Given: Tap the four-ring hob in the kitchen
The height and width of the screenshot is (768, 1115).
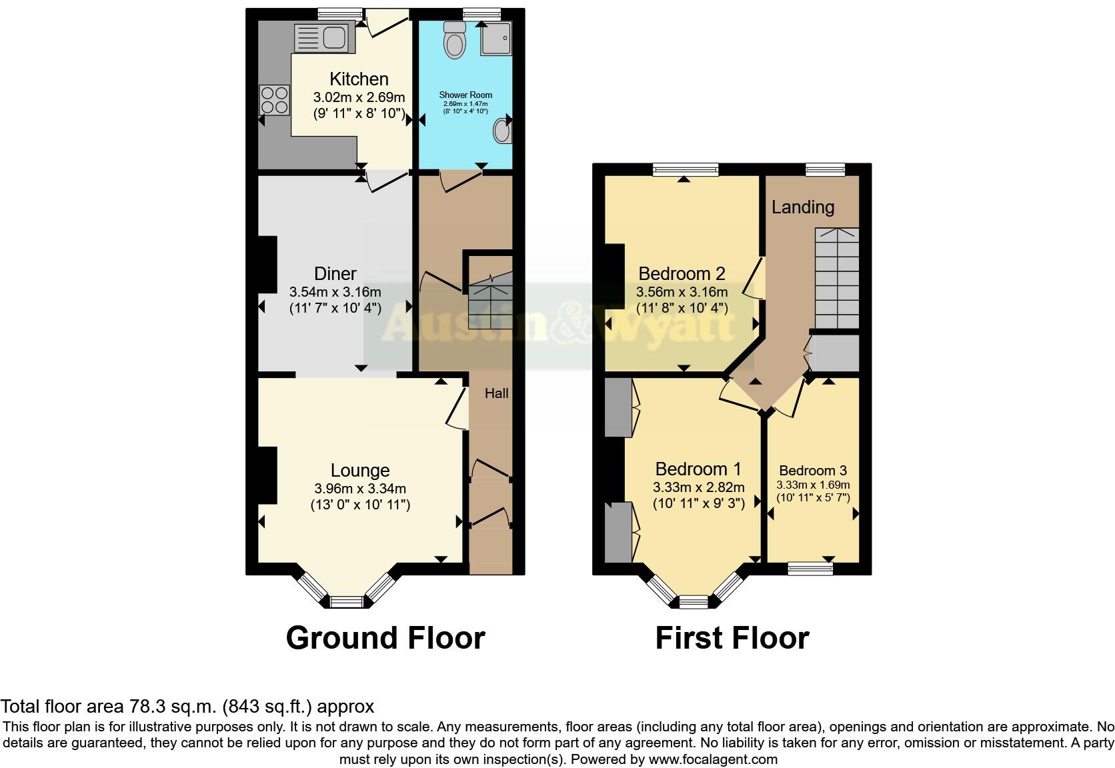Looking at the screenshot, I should pyautogui.click(x=275, y=100).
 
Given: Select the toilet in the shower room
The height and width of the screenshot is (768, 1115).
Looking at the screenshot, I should pyautogui.click(x=455, y=40).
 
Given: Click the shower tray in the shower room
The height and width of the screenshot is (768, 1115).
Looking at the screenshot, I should pyautogui.click(x=496, y=37).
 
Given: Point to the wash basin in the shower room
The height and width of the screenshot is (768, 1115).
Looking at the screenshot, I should pyautogui.click(x=502, y=131).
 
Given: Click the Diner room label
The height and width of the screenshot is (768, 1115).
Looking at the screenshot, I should pyautogui.click(x=335, y=273).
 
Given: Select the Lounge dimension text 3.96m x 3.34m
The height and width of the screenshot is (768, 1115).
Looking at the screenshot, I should pyautogui.click(x=360, y=489).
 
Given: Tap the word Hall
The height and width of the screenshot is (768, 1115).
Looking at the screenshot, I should pyautogui.click(x=496, y=393).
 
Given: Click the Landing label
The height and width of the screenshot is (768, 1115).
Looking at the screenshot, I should pyautogui.click(x=803, y=207).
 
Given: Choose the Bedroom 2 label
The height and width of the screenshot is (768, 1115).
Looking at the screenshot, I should pyautogui.click(x=682, y=273).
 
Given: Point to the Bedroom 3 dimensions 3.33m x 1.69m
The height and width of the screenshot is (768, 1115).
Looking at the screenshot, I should pyautogui.click(x=813, y=485).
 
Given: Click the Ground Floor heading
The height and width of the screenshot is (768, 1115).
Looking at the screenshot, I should pyautogui.click(x=385, y=638).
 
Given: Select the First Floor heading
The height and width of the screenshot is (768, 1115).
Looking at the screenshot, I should pyautogui.click(x=732, y=638).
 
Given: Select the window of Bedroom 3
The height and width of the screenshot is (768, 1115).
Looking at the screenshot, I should pyautogui.click(x=810, y=568).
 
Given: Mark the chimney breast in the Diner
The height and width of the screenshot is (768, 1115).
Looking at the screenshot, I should pyautogui.click(x=267, y=265).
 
